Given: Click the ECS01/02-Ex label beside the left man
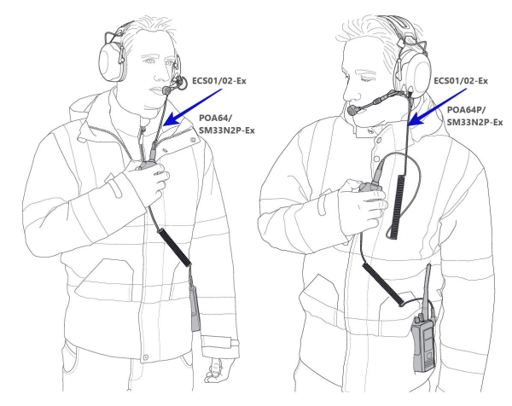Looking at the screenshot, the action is point(219,81).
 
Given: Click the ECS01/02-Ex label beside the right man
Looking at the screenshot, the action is point(461,81).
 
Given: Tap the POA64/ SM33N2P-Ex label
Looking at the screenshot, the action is point(227,124).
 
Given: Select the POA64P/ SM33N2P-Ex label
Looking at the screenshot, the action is point(474,116).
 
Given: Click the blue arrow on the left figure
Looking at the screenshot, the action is point(193,107).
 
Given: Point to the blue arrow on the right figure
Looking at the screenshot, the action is point(438,107).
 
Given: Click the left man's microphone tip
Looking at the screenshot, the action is point(166,90).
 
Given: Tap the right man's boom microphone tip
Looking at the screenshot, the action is point(352,110).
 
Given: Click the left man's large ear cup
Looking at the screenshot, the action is point(111,62).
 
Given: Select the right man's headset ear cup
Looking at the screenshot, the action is point(414,74).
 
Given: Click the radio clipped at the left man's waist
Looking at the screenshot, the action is point(195,309).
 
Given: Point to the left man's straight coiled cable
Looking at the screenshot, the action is point(174,247).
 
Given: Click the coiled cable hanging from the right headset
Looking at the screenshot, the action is point(398,206).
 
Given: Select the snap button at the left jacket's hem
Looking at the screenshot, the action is point(146,357).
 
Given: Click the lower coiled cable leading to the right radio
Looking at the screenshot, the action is point(382,284).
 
